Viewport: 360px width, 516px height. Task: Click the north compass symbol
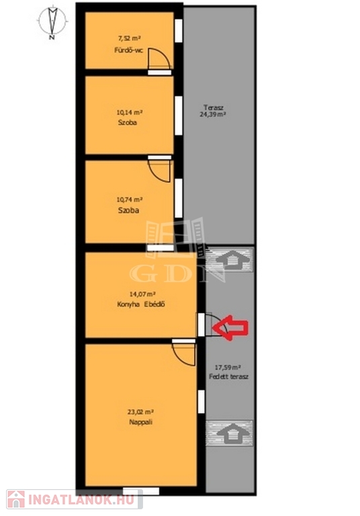[x=52, y=21]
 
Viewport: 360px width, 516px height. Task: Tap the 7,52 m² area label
[x=130, y=38]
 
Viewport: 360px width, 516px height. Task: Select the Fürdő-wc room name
[x=129, y=50]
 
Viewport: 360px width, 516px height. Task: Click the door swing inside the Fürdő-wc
[x=159, y=58]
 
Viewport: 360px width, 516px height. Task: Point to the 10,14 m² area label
[x=130, y=112]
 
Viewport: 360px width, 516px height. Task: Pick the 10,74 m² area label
[x=130, y=200]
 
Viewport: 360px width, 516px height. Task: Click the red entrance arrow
[x=230, y=327]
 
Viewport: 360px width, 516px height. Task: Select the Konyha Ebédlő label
[x=141, y=304]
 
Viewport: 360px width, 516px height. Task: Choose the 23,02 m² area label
[x=140, y=412]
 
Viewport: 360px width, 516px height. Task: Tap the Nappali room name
[x=140, y=422]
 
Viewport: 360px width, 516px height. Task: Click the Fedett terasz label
[x=229, y=377]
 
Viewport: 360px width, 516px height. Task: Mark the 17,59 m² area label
[x=228, y=367]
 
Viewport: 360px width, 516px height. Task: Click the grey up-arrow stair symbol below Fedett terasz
[x=229, y=433]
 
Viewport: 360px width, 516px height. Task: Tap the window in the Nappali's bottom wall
[x=141, y=491]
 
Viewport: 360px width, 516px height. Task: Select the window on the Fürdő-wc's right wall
[x=179, y=31]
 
